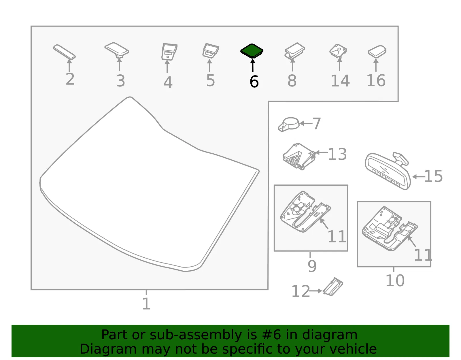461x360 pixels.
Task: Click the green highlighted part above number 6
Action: click(252, 51)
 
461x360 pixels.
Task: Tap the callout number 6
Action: click(254, 82)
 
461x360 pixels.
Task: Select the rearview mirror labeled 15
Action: click(388, 171)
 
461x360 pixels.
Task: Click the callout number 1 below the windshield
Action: click(146, 304)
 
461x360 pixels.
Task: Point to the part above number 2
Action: click(64, 52)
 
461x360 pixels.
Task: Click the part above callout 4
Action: click(169, 52)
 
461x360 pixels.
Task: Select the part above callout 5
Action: click(210, 50)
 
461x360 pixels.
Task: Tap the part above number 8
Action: click(294, 51)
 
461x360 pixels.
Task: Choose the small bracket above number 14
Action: click(338, 51)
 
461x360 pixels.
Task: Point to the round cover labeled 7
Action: click(288, 125)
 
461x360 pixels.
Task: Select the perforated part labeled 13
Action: click(299, 157)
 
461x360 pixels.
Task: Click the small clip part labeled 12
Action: click(333, 287)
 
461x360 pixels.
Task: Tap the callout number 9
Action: click(312, 266)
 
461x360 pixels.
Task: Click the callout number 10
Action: click(395, 280)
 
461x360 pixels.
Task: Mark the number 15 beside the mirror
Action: click(433, 176)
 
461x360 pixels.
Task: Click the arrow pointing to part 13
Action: click(322, 152)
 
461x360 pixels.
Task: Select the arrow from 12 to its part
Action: click(316, 291)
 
